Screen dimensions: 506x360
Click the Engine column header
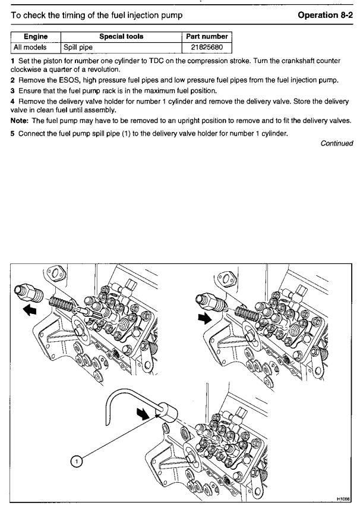pyautogui.click(x=32, y=36)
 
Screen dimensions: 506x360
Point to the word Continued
pyautogui.click(x=336, y=143)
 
